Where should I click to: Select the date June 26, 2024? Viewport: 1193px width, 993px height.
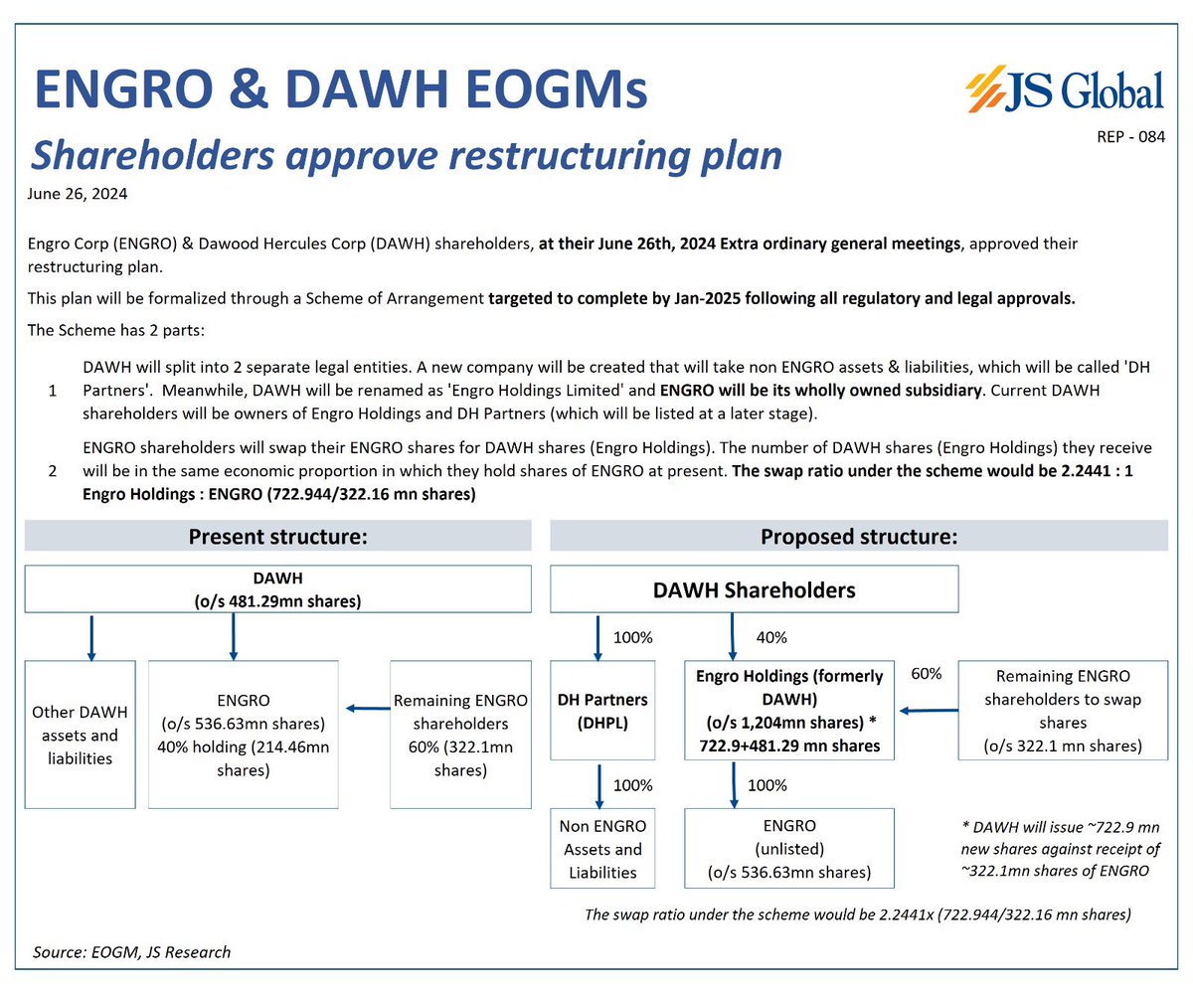(78, 194)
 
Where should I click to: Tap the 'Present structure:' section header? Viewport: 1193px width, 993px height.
(278, 537)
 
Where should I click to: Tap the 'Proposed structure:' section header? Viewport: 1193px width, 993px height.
(859, 537)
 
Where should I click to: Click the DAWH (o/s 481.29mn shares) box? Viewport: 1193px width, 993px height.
(233, 588)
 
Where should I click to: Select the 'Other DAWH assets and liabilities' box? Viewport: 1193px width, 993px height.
(79, 735)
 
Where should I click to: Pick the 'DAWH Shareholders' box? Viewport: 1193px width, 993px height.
(754, 589)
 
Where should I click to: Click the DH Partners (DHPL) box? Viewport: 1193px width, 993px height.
(600, 711)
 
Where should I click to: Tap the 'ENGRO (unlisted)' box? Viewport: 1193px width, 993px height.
(789, 849)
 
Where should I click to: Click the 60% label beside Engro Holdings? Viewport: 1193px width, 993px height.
(927, 675)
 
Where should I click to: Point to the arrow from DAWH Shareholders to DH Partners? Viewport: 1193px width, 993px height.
(598, 636)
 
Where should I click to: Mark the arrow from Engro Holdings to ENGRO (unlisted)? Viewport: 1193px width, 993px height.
(734, 785)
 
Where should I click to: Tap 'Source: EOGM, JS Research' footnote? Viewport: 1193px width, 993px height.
(131, 952)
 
